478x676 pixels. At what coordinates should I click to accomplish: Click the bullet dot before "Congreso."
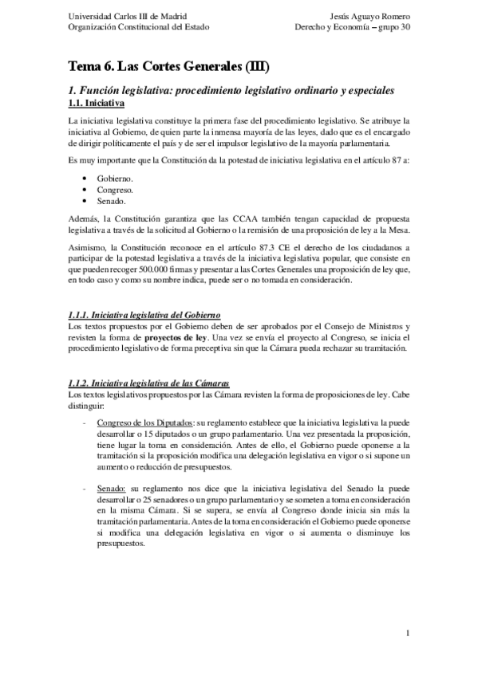(x=85, y=191)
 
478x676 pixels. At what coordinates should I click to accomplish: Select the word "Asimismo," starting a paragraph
(x=87, y=248)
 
